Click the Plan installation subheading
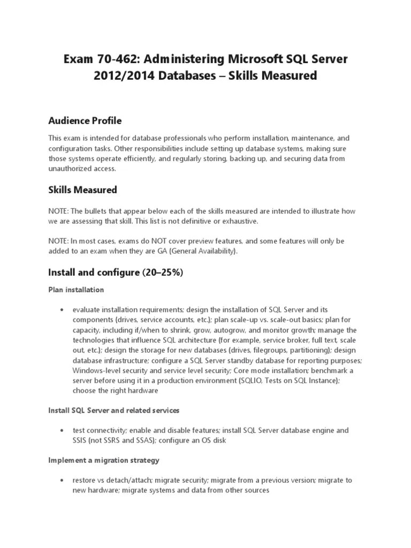tap(76, 290)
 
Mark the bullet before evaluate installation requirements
tap(63, 310)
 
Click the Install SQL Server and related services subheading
tap(113, 410)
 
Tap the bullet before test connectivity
tap(63, 431)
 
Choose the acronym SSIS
tap(81, 440)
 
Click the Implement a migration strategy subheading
tap(103, 460)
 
